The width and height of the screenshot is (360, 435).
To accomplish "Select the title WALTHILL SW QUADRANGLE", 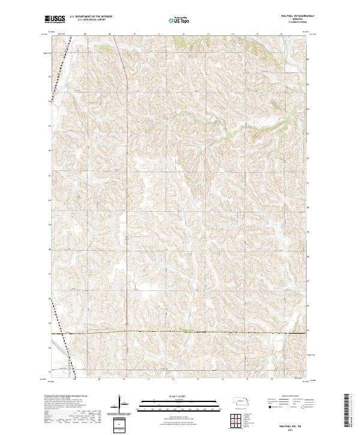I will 294,16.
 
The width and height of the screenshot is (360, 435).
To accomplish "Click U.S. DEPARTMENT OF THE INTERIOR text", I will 91,17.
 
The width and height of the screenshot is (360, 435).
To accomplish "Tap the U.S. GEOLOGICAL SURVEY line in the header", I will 91,20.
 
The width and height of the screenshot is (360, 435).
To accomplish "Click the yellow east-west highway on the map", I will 180,331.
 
